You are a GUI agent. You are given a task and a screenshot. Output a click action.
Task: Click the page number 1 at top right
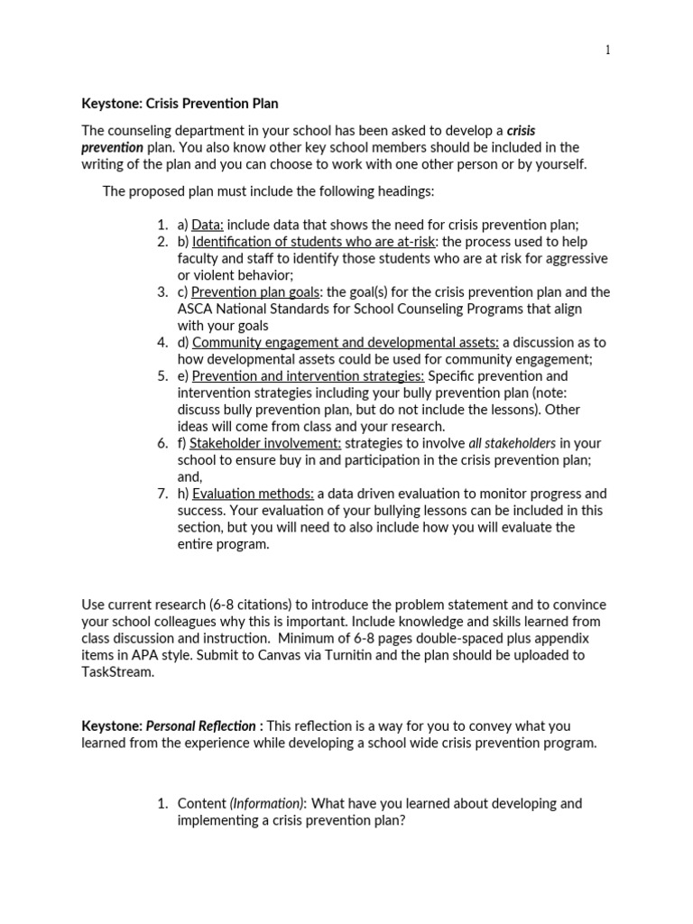[608, 51]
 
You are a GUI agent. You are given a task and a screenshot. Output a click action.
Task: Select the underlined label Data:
[208, 225]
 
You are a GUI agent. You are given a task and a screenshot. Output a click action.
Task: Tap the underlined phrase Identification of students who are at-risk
[314, 242]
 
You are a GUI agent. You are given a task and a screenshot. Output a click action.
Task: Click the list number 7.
[162, 494]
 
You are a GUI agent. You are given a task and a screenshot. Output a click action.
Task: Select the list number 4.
[162, 342]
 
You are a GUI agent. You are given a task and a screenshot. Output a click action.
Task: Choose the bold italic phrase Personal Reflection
[201, 725]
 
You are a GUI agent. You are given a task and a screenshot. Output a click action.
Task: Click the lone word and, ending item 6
[190, 476]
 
